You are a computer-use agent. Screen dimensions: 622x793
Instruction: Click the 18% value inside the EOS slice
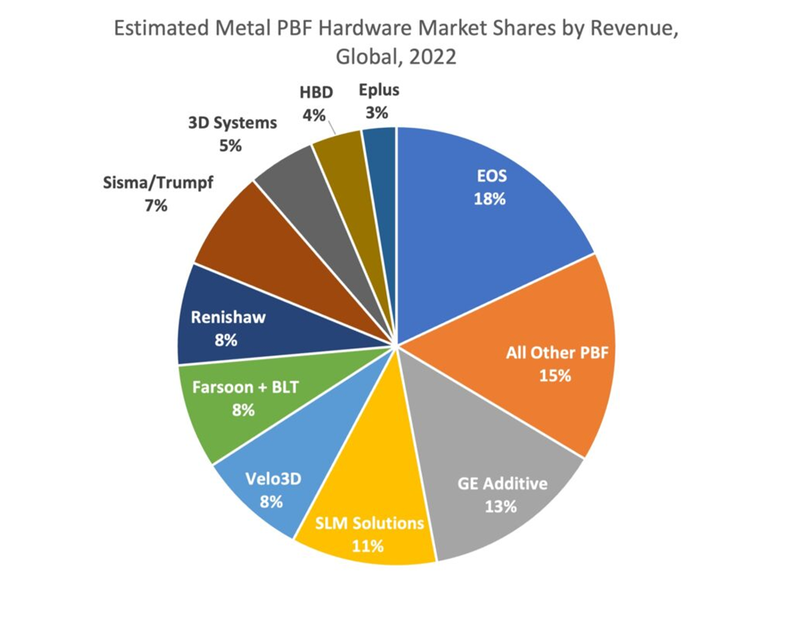click(490, 199)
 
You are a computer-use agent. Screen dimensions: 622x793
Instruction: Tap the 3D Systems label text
click(232, 123)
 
